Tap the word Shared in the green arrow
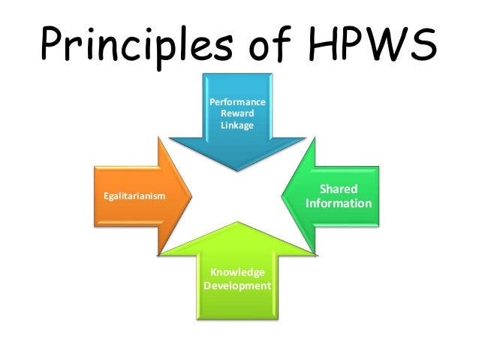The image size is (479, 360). click(339, 189)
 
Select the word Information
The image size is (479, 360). click(339, 204)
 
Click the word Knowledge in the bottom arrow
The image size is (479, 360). click(237, 272)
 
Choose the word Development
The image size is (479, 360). click(237, 286)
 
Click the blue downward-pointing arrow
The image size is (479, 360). click(237, 143)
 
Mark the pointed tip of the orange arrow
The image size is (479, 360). click(191, 197)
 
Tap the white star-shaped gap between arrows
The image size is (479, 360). click(237, 197)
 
